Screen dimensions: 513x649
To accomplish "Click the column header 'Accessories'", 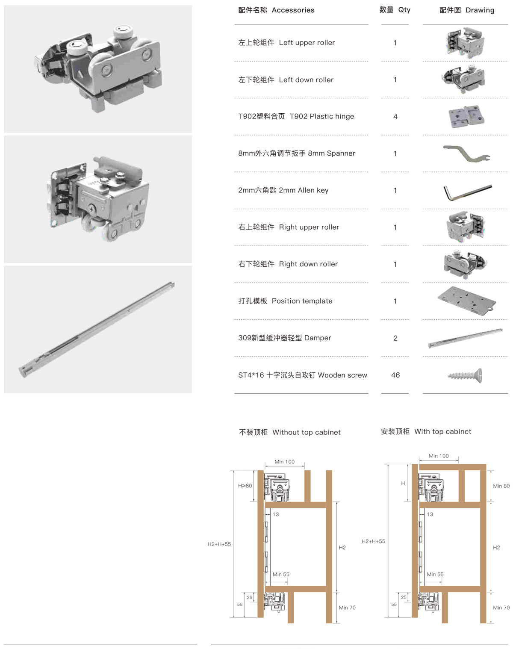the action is tap(293, 10).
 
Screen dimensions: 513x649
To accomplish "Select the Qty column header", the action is tap(404, 10).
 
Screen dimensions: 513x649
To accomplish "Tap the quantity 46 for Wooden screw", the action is tap(395, 375).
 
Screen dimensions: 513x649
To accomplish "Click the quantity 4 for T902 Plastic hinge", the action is tap(395, 116).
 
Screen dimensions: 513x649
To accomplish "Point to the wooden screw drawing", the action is tap(465, 375).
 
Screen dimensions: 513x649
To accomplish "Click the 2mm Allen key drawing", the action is tap(467, 192).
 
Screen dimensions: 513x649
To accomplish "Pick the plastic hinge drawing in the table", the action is tap(466, 116).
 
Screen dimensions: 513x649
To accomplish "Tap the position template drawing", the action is tap(466, 301).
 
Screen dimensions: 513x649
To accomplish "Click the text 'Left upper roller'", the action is tap(307, 42).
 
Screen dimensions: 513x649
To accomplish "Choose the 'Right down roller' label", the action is tap(308, 264).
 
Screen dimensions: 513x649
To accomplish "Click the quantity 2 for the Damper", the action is tap(395, 338).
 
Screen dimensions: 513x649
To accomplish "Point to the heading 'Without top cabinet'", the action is tap(307, 432).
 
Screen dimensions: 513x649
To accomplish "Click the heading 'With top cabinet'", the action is tap(443, 431).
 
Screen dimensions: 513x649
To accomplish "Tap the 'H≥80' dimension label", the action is tap(245, 486).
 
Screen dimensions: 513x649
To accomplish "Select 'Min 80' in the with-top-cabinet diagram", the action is tap(501, 486).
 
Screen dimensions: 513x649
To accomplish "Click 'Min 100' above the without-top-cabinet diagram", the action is tap(284, 461).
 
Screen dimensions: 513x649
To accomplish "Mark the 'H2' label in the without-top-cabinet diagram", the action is tap(342, 547).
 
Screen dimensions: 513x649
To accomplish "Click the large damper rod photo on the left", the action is tap(97, 330).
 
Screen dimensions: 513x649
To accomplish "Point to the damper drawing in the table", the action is tap(466, 338).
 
